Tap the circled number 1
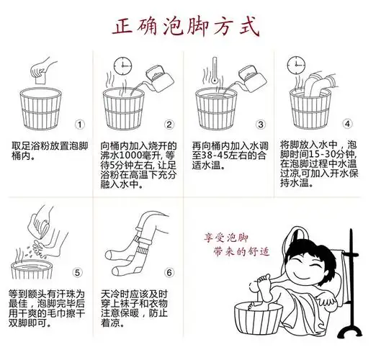pos(80,123)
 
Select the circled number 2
pos(169,123)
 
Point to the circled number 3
pos(261,123)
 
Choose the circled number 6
pos(169,272)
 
